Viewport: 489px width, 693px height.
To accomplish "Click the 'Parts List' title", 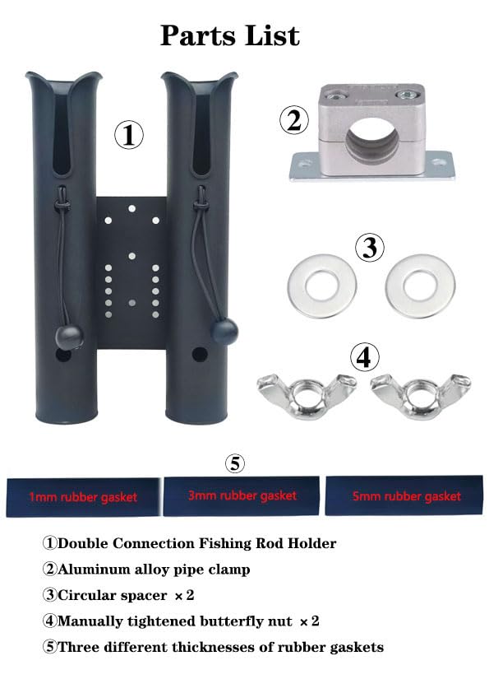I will [x=229, y=35].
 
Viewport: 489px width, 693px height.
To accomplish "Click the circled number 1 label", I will [x=128, y=134].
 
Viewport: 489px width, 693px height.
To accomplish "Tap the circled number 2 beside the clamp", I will [x=294, y=121].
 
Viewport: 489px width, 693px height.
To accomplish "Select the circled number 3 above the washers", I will [x=370, y=246].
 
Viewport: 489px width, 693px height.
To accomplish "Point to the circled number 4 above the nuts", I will [x=364, y=356].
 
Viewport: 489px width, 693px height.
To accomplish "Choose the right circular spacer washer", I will [x=419, y=286].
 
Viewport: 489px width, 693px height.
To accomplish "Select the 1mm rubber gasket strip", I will [x=83, y=496].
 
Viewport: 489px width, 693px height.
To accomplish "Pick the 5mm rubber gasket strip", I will [x=403, y=496].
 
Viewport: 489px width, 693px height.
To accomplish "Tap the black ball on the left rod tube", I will [x=69, y=337].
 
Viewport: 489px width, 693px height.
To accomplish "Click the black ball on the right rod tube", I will [x=224, y=331].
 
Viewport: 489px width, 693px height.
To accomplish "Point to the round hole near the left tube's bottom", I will [x=63, y=356].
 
